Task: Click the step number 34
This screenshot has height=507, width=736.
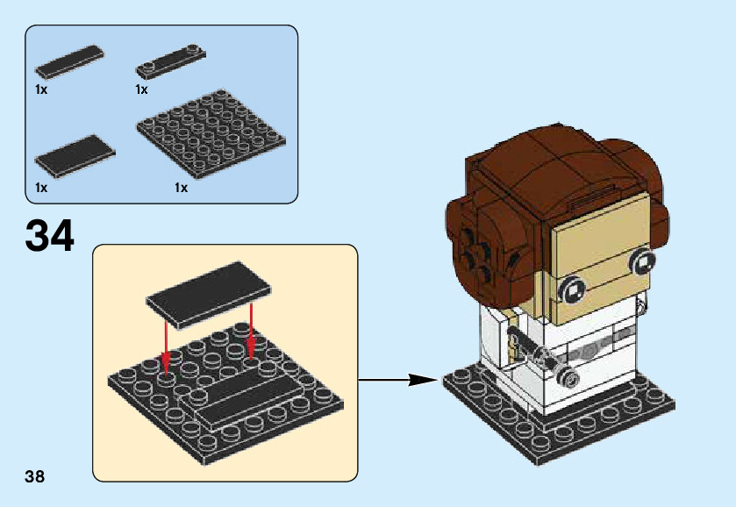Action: click(x=50, y=236)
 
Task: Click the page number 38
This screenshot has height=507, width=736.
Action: click(x=35, y=476)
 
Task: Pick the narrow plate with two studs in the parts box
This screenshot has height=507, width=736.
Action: click(x=171, y=61)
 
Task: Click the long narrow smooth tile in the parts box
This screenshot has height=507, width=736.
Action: click(x=69, y=61)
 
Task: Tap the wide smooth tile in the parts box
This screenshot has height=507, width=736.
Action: click(x=75, y=157)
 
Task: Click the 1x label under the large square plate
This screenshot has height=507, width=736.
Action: click(x=182, y=188)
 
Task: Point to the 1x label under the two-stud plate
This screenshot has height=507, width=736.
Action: click(x=141, y=89)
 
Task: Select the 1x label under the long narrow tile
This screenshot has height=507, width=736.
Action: click(x=41, y=89)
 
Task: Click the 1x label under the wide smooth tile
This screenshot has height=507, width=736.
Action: click(x=41, y=188)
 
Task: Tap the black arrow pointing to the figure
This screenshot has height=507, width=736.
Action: click(x=398, y=379)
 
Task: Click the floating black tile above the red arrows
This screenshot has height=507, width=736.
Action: click(x=209, y=295)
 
